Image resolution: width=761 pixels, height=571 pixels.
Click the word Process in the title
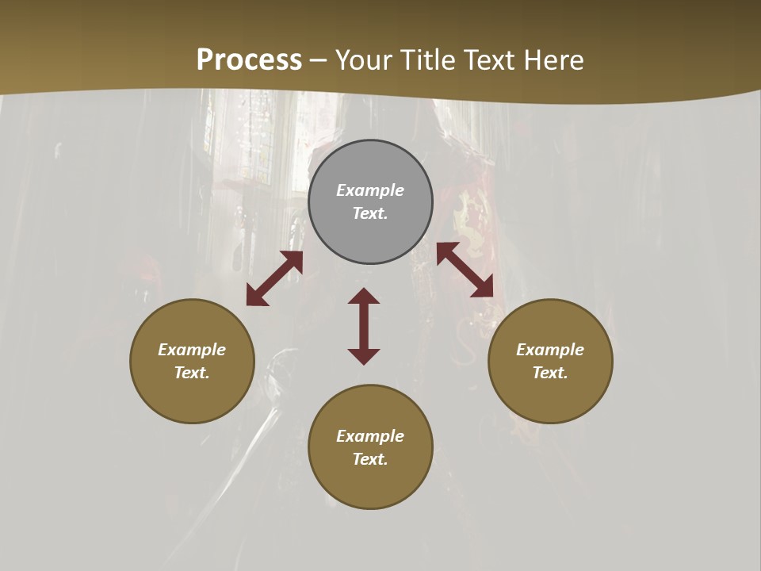[249, 60]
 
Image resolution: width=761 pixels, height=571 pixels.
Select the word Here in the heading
[553, 60]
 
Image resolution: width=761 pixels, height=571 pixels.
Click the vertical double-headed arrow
[364, 326]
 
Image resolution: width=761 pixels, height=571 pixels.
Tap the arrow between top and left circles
[274, 278]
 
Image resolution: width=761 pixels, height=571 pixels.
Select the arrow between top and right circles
[465, 270]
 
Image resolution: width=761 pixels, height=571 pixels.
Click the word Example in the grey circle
[370, 190]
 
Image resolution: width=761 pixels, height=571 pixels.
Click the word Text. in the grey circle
[370, 213]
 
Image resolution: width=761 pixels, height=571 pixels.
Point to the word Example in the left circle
[192, 350]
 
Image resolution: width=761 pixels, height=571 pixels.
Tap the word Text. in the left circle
[192, 373]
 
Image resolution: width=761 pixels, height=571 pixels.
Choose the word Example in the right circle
[550, 350]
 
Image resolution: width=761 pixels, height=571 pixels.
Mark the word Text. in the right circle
[550, 373]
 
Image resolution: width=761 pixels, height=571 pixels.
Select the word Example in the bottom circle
[370, 436]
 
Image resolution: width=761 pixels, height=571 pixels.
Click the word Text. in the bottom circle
[370, 459]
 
